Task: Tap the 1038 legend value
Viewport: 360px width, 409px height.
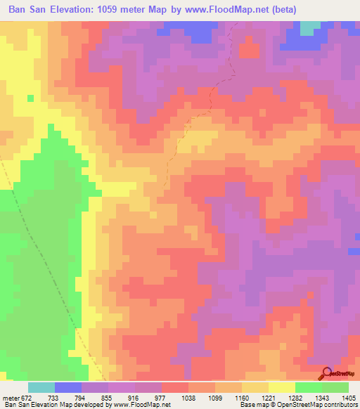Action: [x=188, y=397]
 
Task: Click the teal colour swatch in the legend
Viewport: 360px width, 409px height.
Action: [x=41, y=387]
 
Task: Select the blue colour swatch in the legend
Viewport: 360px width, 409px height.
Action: [x=68, y=387]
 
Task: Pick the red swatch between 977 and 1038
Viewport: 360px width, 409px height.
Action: [x=175, y=387]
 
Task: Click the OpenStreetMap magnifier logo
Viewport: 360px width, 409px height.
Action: [x=328, y=374]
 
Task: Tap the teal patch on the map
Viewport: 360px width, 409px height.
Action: [x=309, y=27]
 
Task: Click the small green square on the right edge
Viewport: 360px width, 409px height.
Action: [x=354, y=251]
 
